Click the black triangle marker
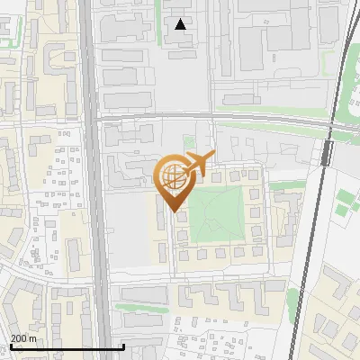[x=181, y=24]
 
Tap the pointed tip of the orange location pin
[x=172, y=211]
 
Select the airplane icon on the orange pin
[x=197, y=165]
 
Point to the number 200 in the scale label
[x=20, y=338]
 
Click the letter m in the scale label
[x=34, y=338]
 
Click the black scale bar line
[x=67, y=346]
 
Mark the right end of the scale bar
[x=123, y=346]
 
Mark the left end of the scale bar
[x=10, y=346]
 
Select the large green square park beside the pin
[x=217, y=217]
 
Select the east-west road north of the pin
[x=216, y=118]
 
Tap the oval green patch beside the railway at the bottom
[x=292, y=298]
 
